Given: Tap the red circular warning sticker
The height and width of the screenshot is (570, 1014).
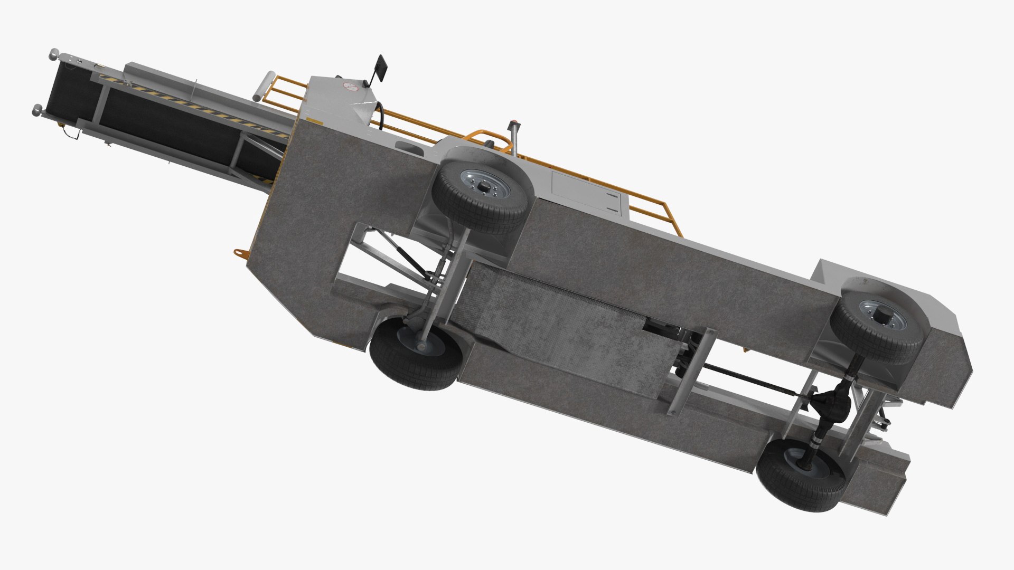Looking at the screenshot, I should point(349,86).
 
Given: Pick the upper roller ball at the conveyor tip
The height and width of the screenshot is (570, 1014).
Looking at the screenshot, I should point(54,53).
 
